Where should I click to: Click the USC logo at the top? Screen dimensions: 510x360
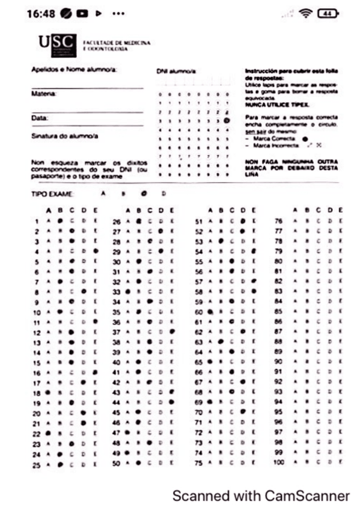[58, 43]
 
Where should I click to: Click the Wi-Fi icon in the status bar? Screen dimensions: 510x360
[307, 14]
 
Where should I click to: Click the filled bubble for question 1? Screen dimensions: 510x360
[60, 221]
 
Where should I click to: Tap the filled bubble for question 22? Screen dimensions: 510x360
[48, 433]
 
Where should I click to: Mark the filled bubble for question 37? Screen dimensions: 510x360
[172, 331]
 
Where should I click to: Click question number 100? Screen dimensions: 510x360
[278, 463]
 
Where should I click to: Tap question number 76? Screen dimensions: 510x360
[278, 221]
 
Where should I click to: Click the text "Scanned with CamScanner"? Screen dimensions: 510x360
[260, 496]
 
